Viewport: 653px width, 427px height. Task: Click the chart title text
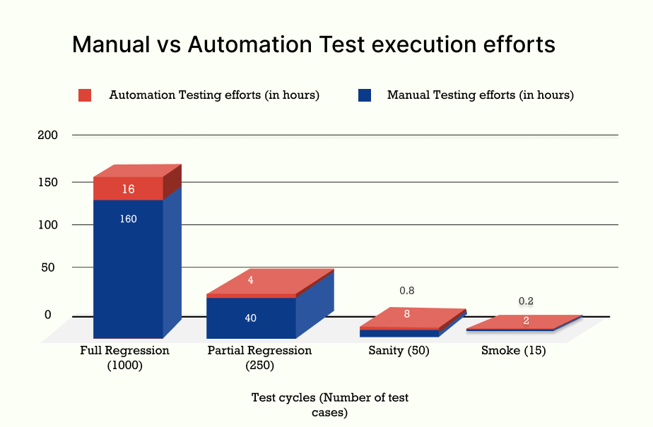point(314,45)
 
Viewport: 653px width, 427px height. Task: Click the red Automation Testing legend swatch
point(86,95)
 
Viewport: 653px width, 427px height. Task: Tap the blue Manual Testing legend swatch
point(365,95)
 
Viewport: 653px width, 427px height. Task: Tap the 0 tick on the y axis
point(48,315)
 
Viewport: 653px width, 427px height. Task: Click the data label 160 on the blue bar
point(128,219)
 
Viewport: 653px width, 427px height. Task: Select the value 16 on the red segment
point(128,189)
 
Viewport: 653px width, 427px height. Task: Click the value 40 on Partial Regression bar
point(250,318)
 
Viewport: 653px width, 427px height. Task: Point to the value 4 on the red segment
point(250,280)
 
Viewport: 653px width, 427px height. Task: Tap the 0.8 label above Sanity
point(407,291)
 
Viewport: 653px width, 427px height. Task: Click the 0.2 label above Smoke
point(526,301)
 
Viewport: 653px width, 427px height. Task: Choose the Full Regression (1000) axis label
point(124,358)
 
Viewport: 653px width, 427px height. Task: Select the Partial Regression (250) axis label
point(259,358)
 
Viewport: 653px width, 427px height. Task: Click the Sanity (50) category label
point(399,351)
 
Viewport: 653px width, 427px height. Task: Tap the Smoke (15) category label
point(513,351)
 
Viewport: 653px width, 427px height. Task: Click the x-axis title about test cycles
point(330,405)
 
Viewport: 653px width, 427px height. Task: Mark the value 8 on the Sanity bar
point(407,314)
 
